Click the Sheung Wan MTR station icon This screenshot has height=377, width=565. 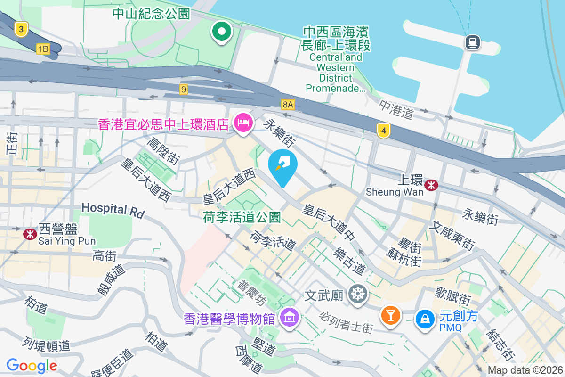click(x=430, y=185)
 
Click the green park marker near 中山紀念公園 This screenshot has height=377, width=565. click(x=222, y=32)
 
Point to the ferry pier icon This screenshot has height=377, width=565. click(x=472, y=43)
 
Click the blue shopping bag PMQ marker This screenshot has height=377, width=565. click(x=425, y=320)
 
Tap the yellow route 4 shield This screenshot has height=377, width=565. click(x=384, y=131)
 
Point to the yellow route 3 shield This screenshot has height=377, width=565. click(x=21, y=30)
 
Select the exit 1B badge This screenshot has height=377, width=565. click(x=43, y=49)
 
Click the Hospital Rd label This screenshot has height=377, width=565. click(x=113, y=210)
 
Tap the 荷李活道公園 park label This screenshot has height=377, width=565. click(x=242, y=217)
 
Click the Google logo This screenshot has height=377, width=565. click(x=32, y=365)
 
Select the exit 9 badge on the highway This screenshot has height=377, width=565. click(x=184, y=89)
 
